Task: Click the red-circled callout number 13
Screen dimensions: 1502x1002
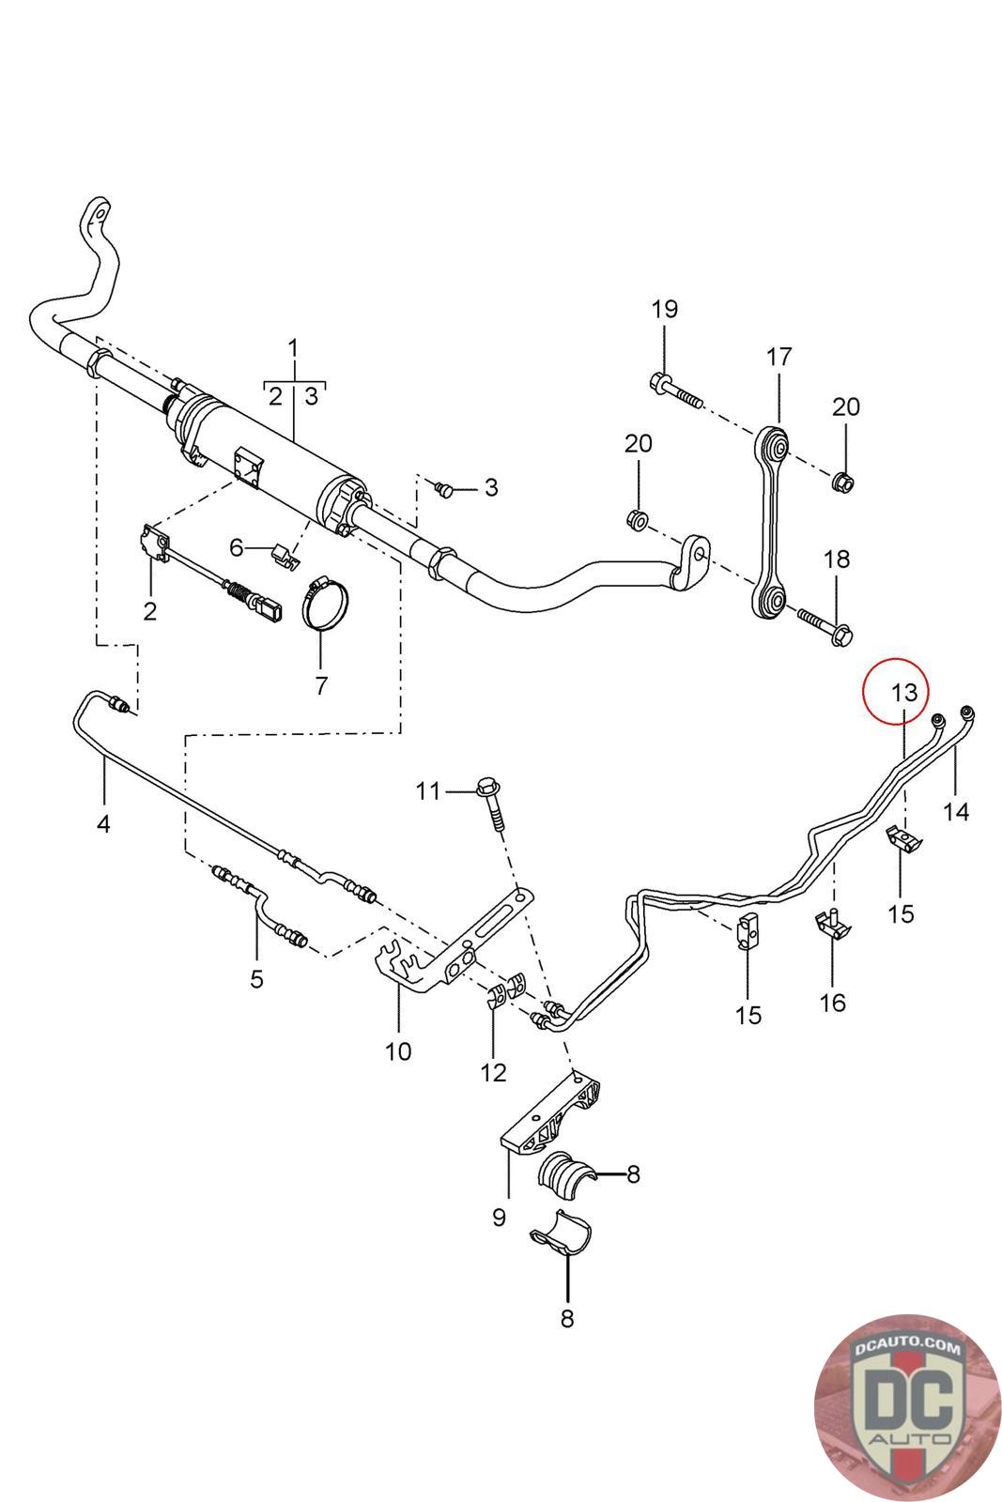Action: (903, 693)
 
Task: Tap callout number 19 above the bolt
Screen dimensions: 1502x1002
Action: (664, 309)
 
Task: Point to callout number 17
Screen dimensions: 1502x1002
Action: (778, 357)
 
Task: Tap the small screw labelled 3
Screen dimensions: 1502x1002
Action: (444, 488)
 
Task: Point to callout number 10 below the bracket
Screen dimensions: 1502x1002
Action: (398, 1050)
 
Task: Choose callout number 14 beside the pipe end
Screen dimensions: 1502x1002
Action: (955, 810)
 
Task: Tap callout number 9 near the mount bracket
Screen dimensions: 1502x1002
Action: (499, 1217)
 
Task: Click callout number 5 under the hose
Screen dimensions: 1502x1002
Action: (256, 979)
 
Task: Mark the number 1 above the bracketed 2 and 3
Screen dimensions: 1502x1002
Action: (293, 348)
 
